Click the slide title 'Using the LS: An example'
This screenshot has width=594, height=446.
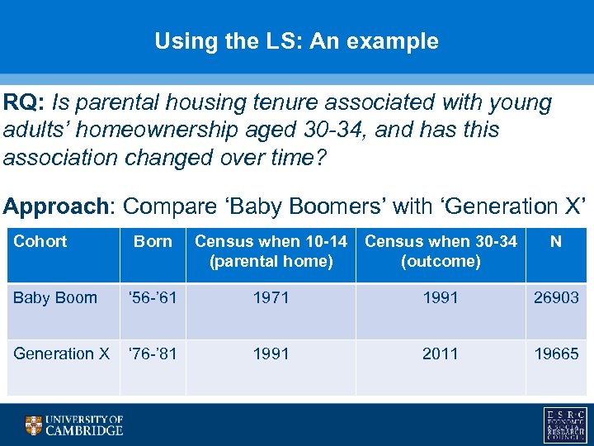(296, 41)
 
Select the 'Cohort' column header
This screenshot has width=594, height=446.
(40, 241)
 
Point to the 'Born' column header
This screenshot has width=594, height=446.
(153, 241)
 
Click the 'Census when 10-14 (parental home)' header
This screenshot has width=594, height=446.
(271, 251)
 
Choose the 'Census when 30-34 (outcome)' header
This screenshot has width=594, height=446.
(441, 251)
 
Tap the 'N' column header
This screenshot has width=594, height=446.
(555, 241)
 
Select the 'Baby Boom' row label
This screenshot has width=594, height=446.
(55, 297)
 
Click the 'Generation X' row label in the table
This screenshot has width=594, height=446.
(62, 353)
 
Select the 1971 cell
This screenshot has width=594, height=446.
(271, 297)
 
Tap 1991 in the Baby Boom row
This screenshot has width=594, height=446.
(441, 297)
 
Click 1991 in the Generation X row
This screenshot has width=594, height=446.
(271, 353)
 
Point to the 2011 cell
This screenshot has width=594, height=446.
(441, 353)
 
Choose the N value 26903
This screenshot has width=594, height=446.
(556, 297)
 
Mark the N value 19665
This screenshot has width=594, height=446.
(556, 353)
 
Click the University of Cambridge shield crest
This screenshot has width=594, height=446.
(33, 425)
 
